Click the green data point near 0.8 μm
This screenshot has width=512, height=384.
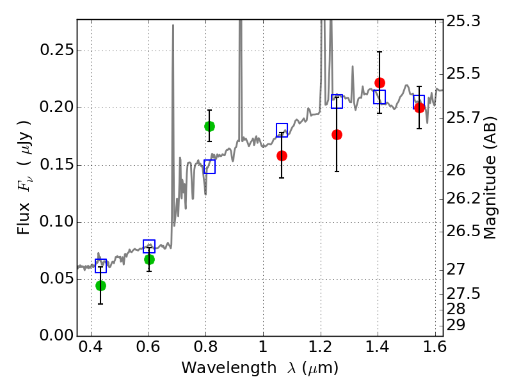tap(209, 126)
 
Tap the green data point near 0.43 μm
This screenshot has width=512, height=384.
tap(100, 285)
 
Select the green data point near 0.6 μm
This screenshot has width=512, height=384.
tap(149, 259)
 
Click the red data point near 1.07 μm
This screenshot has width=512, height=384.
tap(282, 156)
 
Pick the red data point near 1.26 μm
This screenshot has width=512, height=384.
tap(337, 134)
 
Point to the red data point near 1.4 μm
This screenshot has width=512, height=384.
tap(380, 83)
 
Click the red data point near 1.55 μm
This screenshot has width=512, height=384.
tap(419, 108)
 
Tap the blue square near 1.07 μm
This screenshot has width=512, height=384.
tap(282, 130)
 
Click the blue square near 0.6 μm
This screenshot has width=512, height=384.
tap(149, 246)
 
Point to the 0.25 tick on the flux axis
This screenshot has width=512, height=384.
tap(77, 51)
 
